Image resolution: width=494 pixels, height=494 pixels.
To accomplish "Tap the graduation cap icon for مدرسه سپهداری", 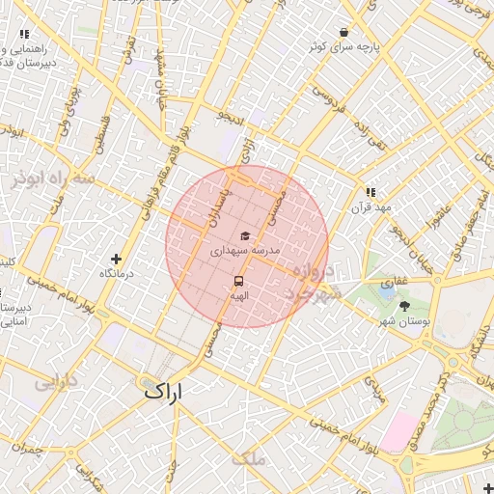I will tap(244, 236).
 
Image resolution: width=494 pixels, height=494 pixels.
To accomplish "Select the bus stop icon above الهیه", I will tap(237, 281).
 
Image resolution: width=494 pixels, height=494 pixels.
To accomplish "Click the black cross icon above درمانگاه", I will tap(117, 259).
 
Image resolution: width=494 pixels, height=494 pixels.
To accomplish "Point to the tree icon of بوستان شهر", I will tap(403, 306).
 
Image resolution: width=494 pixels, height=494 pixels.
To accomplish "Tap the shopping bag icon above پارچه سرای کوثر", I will tap(344, 32).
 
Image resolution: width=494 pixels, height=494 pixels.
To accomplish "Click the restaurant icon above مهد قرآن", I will tap(370, 192).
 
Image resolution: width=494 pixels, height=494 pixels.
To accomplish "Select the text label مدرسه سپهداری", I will tap(245, 251).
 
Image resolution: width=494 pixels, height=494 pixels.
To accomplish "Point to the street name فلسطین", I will tap(100, 135).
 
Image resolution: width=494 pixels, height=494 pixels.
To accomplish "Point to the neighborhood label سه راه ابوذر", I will tap(54, 179).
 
